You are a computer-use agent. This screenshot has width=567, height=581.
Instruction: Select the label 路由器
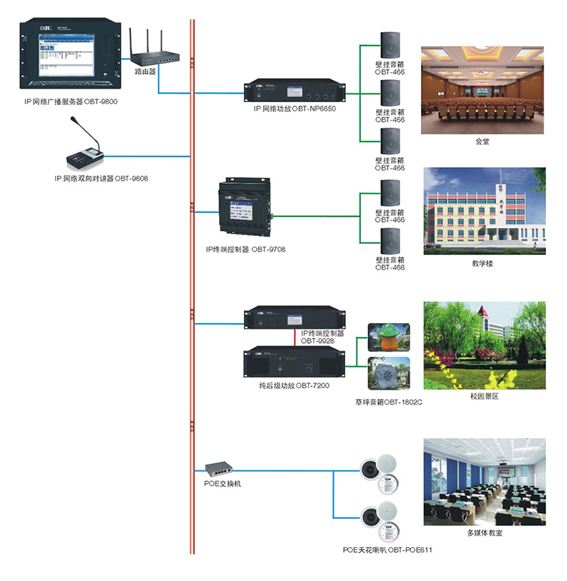(145, 72)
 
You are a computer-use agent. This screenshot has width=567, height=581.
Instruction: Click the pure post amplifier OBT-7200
(294, 364)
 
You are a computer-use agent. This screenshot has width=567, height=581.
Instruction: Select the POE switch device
(220, 469)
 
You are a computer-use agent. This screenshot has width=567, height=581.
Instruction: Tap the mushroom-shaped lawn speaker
(389, 337)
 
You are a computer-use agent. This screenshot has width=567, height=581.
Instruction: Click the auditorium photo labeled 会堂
(483, 90)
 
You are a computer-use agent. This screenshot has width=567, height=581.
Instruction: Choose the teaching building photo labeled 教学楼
(485, 210)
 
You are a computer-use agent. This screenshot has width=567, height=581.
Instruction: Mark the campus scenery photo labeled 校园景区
(485, 345)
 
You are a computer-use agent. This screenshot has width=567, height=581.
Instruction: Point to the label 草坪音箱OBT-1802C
(389, 402)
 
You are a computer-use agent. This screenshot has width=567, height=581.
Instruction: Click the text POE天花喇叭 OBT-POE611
(388, 550)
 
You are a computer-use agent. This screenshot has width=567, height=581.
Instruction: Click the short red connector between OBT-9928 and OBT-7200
(295, 338)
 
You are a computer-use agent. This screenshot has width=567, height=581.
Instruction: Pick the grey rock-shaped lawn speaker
(389, 373)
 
